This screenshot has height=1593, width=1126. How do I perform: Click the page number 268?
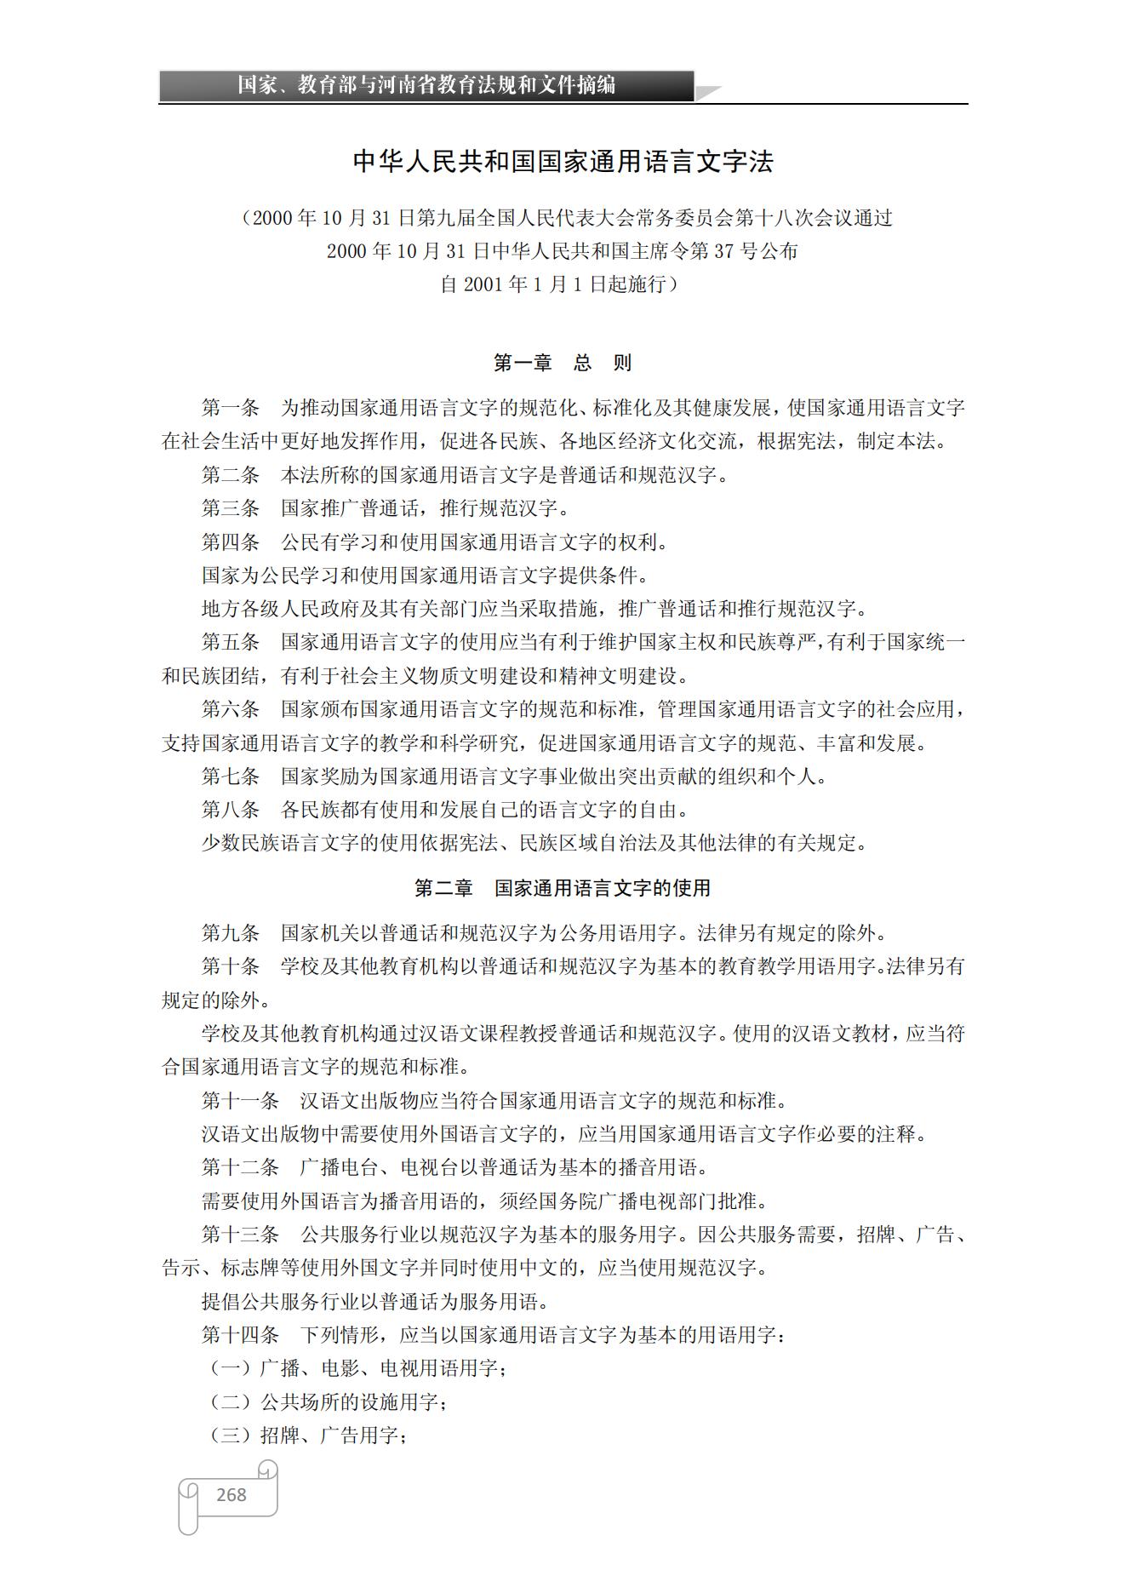coord(231,1494)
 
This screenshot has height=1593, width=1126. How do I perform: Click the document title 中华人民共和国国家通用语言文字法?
coord(563,162)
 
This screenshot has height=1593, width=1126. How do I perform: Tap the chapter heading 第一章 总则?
coord(563,364)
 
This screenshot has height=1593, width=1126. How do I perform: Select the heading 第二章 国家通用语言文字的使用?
coord(563,888)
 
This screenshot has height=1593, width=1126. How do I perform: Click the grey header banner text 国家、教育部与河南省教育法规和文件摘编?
coord(426,85)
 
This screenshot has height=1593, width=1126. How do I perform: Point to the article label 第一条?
coord(230,408)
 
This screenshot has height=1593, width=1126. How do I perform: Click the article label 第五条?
coord(230,642)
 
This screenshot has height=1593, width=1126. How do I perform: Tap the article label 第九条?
coord(230,933)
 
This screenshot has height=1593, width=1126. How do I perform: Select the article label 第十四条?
coord(240,1334)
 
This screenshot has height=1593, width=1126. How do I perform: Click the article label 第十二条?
coord(240,1167)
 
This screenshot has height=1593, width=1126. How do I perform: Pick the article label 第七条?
coord(230,776)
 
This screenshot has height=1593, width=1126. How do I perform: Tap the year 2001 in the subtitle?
coord(483,284)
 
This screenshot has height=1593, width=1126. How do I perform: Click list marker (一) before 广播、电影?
coord(231,1368)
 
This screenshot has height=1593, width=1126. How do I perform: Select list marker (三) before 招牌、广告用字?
coord(231,1435)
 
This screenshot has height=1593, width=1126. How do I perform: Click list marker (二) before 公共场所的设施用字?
coord(231,1401)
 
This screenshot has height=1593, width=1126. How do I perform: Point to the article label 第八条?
coord(230,810)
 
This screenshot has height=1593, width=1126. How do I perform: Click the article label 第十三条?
coord(240,1235)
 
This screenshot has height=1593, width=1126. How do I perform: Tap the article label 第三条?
coord(230,508)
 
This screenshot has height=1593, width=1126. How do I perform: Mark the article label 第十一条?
coord(240,1101)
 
